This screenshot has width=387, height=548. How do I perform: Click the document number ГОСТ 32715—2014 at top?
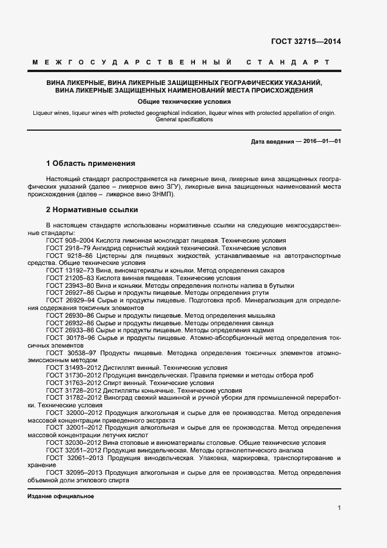click(305, 42)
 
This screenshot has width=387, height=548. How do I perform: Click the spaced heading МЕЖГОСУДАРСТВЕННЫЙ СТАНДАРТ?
click(180, 62)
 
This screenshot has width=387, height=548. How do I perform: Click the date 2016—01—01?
click(321, 142)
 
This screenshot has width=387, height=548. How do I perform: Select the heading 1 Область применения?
click(90, 162)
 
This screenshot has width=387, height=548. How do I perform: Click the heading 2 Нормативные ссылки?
click(91, 209)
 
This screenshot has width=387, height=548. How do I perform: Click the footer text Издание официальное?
click(60, 496)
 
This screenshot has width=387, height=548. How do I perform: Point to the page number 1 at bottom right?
click(339, 508)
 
